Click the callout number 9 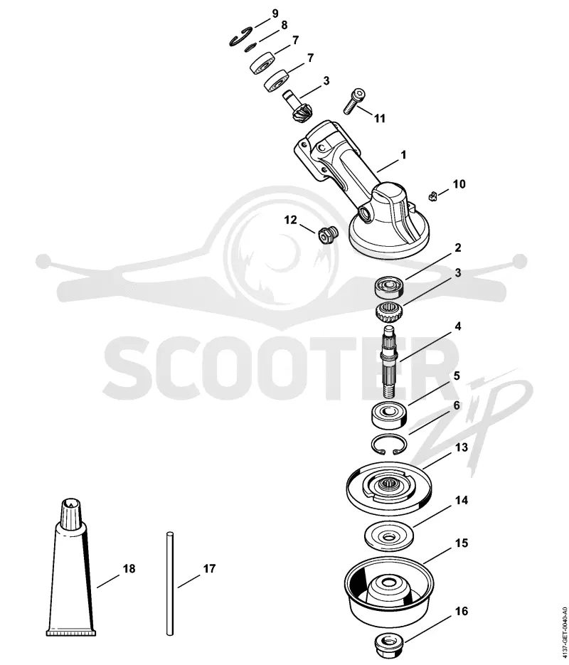tap(275, 13)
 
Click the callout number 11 tap(379, 118)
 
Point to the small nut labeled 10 tap(432, 196)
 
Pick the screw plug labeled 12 tap(327, 235)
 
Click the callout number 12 tap(290, 220)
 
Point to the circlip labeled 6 tap(389, 445)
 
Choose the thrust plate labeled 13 tap(389, 486)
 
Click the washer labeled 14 tap(388, 536)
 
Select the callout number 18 tap(129, 568)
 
